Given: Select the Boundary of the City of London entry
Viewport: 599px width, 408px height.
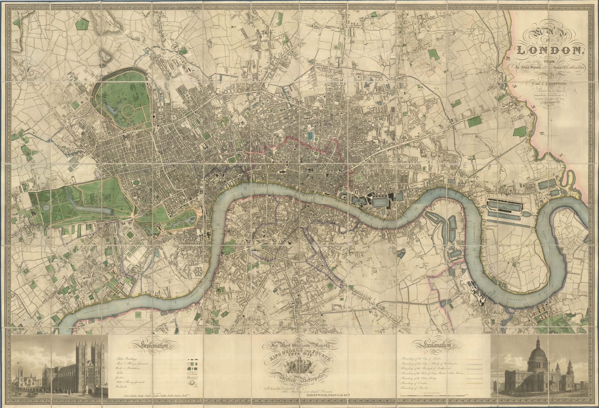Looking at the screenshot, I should (429, 359).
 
